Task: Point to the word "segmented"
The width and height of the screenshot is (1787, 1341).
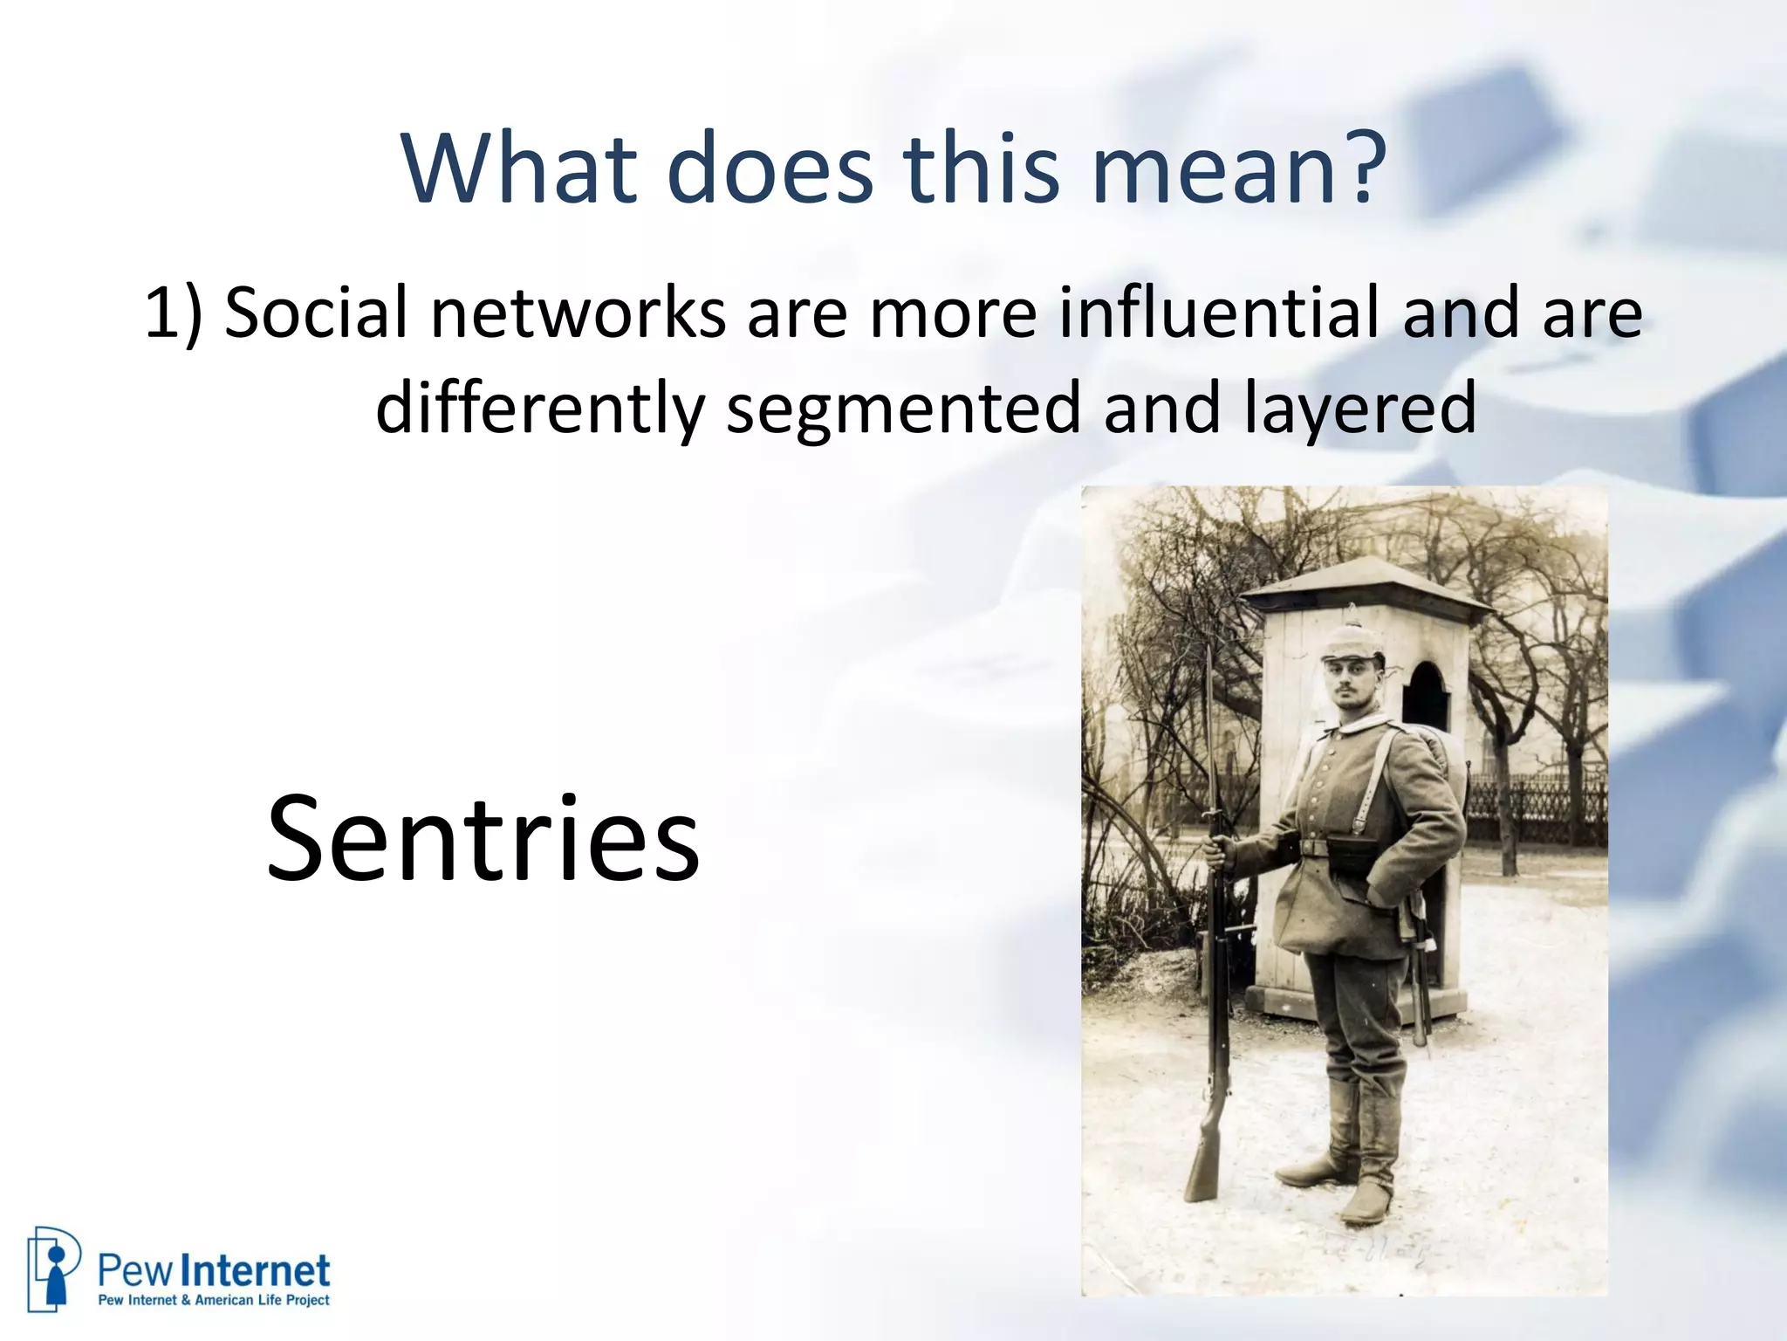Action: point(904,409)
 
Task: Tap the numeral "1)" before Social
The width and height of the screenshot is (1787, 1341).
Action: point(172,313)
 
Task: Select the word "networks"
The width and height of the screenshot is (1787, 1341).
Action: point(578,312)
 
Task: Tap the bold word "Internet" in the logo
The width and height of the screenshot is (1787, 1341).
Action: point(260,1271)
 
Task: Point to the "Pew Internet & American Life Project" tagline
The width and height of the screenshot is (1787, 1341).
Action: point(214,1300)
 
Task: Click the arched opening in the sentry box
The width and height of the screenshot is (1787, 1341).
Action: point(1425,698)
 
